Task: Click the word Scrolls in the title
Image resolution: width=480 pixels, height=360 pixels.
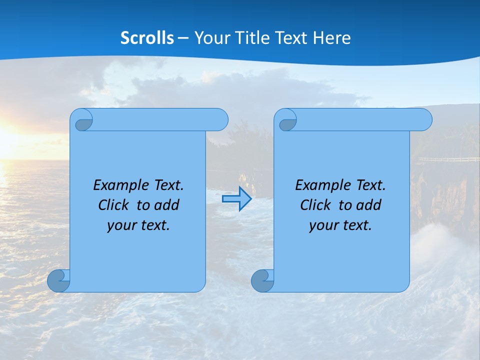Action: (147, 38)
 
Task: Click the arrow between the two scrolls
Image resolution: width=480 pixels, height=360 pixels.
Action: (236, 199)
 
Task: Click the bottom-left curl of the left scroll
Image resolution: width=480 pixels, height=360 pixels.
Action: (58, 280)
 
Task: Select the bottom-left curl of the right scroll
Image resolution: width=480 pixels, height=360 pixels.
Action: (262, 280)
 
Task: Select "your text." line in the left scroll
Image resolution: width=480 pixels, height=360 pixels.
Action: (138, 225)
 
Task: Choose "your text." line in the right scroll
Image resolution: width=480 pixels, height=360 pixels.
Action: (340, 225)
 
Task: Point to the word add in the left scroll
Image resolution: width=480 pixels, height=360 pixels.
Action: (167, 205)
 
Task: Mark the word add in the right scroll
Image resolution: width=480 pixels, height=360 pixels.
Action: (369, 205)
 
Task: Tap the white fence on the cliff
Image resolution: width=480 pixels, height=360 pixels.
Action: (447, 159)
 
